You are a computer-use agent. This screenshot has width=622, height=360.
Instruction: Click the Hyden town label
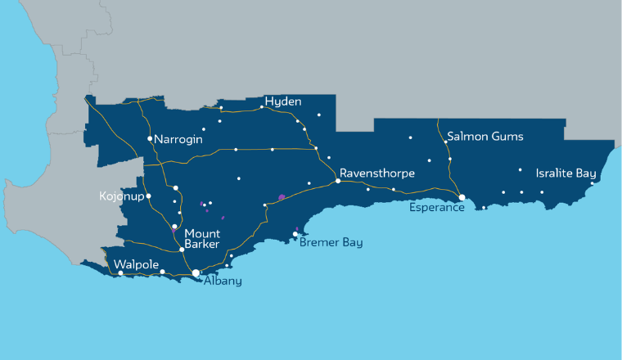click(283, 101)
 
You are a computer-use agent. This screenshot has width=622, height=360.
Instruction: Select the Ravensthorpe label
click(377, 173)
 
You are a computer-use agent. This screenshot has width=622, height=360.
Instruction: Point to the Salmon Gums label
click(485, 137)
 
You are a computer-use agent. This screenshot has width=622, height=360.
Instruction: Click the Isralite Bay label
click(566, 173)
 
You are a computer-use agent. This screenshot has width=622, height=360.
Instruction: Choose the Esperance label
click(437, 208)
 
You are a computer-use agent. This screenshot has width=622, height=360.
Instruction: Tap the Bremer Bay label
click(331, 243)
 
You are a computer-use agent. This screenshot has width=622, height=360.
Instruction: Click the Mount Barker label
click(201, 238)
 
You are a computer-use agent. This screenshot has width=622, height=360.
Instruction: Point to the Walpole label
click(135, 264)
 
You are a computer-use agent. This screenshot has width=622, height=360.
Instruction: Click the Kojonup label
click(120, 197)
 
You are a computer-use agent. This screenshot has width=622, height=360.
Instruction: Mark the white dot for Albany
click(196, 273)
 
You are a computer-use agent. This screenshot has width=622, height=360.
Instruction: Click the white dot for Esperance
click(462, 197)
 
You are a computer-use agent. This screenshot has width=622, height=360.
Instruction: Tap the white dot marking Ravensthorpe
click(338, 181)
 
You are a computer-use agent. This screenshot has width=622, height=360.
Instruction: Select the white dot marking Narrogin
click(150, 139)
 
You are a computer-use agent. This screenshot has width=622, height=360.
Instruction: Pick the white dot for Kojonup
click(148, 196)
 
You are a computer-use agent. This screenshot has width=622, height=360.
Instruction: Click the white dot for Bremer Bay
click(295, 234)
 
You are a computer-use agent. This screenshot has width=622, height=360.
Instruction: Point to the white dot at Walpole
click(120, 273)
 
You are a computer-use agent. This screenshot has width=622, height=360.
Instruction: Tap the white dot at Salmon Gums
click(446, 142)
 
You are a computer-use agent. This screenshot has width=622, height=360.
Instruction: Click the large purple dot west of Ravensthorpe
click(281, 197)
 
